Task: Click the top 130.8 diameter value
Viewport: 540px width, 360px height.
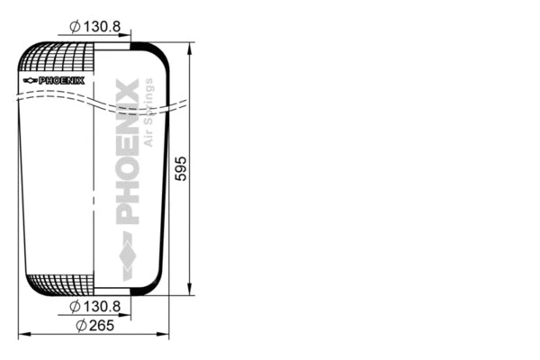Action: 103,27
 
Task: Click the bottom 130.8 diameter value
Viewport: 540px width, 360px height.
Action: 103,307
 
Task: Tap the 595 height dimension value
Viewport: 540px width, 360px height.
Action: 180,168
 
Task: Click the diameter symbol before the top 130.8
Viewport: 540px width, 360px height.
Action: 75,27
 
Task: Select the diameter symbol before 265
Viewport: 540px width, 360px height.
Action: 81,325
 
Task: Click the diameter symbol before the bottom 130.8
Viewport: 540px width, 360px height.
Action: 75,307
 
